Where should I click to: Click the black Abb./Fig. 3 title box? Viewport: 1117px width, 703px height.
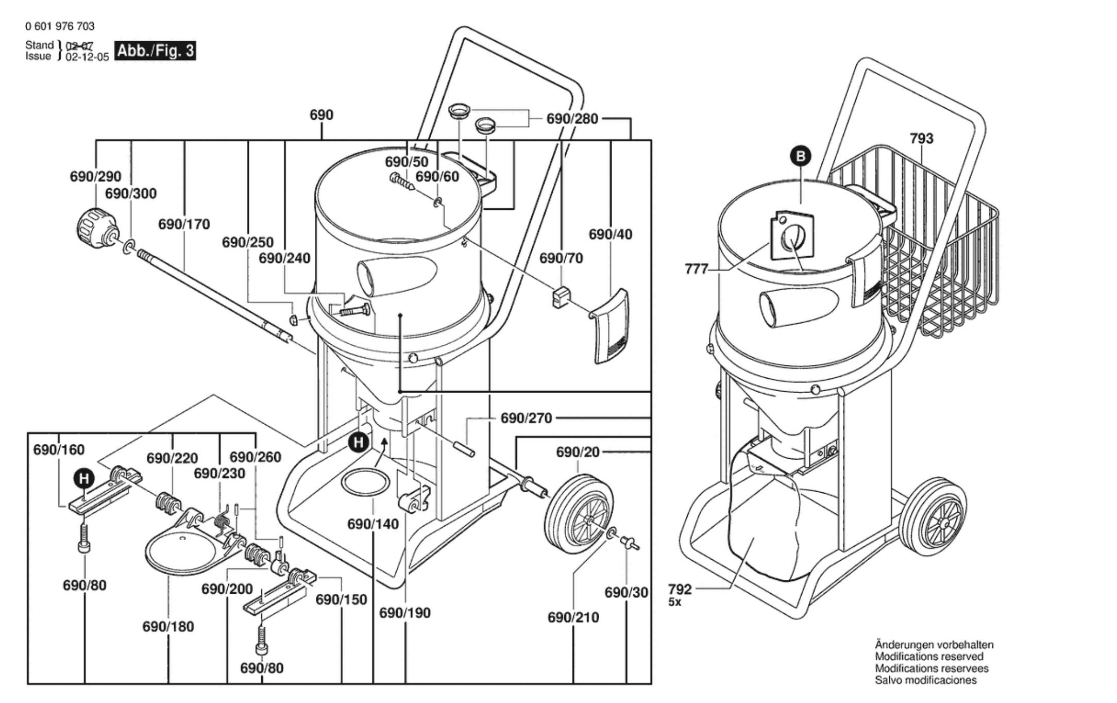pyautogui.click(x=155, y=51)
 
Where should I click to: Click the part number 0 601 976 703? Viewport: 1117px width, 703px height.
pyautogui.click(x=60, y=26)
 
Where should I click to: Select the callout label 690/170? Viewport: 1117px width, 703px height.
pyautogui.click(x=184, y=224)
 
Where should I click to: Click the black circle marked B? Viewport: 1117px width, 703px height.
pyautogui.click(x=801, y=156)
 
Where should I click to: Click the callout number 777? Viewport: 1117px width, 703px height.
pyautogui.click(x=697, y=269)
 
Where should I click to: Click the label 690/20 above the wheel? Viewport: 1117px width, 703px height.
pyautogui.click(x=578, y=452)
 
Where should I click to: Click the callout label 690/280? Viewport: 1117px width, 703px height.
pyautogui.click(x=572, y=119)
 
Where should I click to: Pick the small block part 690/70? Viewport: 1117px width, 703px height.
pyautogui.click(x=560, y=296)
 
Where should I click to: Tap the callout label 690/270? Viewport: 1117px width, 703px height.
pyautogui.click(x=526, y=418)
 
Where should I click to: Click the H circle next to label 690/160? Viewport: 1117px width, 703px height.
pyautogui.click(x=84, y=479)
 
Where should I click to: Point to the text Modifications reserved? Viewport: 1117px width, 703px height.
pyautogui.click(x=929, y=657)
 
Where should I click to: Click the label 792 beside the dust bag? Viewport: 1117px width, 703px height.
pyautogui.click(x=680, y=589)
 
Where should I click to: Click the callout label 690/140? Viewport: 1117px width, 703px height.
pyautogui.click(x=373, y=524)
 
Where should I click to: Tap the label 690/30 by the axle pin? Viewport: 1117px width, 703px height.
pyautogui.click(x=626, y=593)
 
